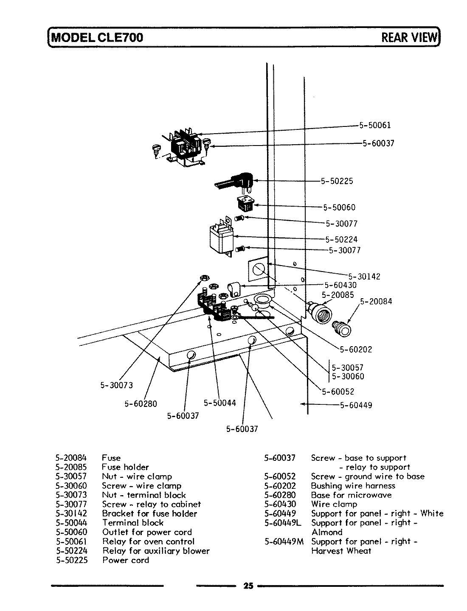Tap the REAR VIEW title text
[x=409, y=37]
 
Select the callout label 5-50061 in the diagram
[x=375, y=125]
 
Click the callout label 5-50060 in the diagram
[x=339, y=207]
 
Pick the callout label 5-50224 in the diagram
[x=341, y=240]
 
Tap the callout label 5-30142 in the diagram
[x=364, y=277]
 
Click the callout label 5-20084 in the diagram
[x=376, y=302]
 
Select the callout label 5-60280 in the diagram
[x=141, y=404]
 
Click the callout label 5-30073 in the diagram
[x=116, y=385]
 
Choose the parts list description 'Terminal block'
[x=132, y=523]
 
